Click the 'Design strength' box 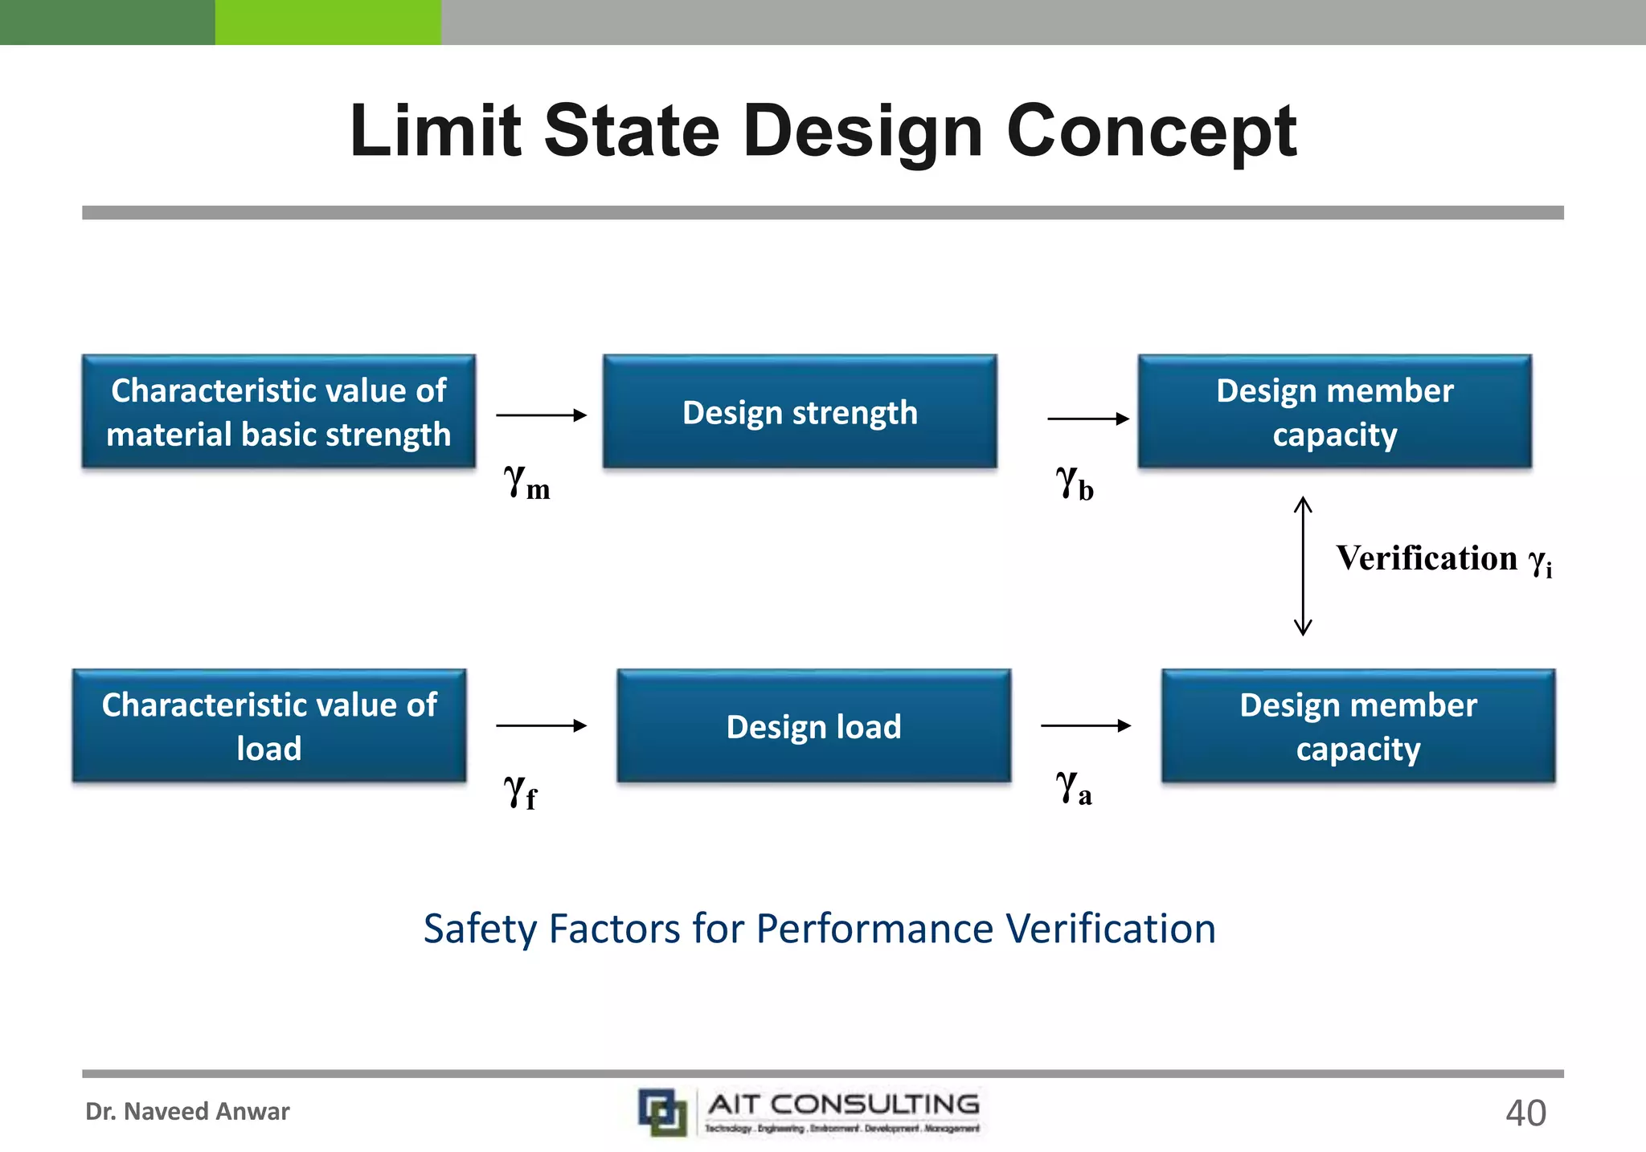point(800,412)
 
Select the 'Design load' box point(813,726)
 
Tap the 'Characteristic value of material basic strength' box point(278,412)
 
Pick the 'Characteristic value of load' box point(269,726)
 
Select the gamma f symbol point(520,791)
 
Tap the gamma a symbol point(1073,787)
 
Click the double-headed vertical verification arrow point(1303,566)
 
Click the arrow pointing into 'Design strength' point(541,415)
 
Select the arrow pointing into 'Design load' point(541,725)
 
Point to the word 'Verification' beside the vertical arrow point(1427,558)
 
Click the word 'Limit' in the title point(435,131)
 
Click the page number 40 point(1525,1113)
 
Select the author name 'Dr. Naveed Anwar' point(187,1112)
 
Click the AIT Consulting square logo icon point(662,1112)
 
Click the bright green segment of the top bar point(328,22)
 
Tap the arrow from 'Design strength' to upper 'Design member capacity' point(1088,419)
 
